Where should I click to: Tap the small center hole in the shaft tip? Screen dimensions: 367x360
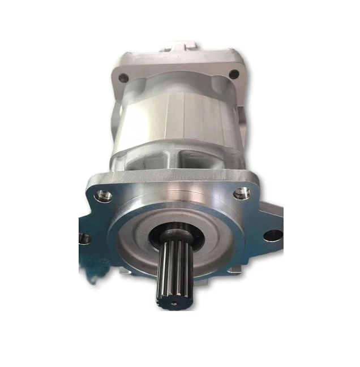click(173, 303)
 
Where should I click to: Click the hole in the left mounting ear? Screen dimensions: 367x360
click(85, 240)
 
